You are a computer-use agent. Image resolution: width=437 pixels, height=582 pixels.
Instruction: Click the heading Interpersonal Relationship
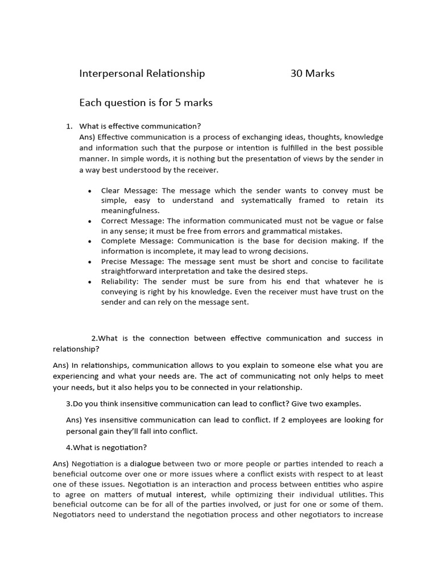pos(142,73)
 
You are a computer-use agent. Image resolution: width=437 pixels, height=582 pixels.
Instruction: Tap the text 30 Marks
pos(312,73)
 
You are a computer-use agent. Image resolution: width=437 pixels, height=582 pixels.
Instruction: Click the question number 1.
pos(69,126)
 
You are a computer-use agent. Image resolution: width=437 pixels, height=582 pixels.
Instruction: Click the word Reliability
pos(120,281)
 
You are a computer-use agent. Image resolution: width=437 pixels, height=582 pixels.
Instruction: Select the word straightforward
pos(132,272)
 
